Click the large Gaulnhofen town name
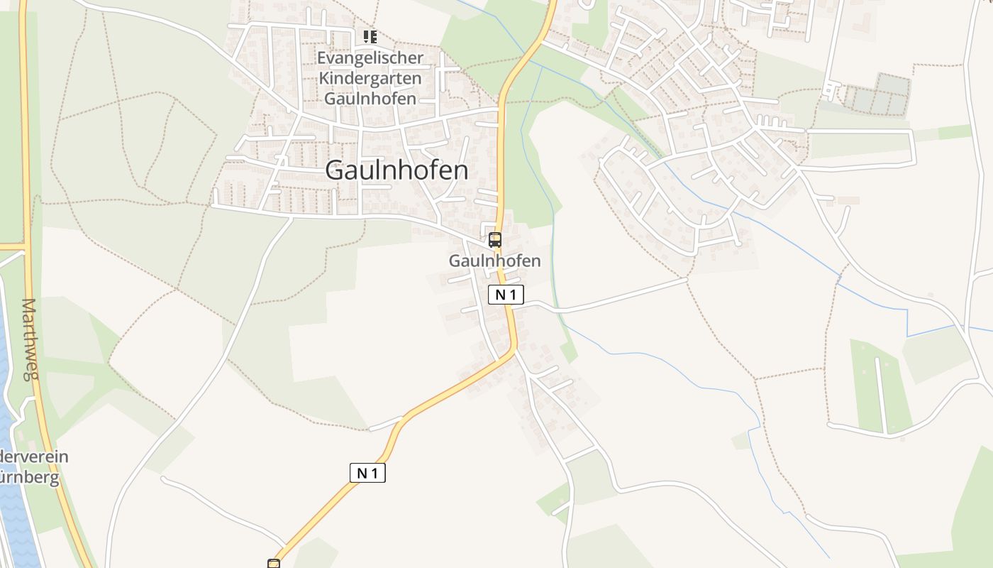click(396, 170)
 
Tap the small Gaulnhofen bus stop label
click(494, 261)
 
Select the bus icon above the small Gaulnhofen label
click(495, 240)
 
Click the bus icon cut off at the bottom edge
click(274, 564)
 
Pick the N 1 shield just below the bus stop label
click(506, 295)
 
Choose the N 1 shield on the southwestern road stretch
click(367, 473)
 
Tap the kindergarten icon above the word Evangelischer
click(370, 36)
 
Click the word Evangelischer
click(370, 58)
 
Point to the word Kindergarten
click(370, 78)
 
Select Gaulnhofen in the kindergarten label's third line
click(370, 98)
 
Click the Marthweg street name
click(29, 339)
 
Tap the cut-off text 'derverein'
click(34, 457)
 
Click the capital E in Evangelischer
click(322, 58)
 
